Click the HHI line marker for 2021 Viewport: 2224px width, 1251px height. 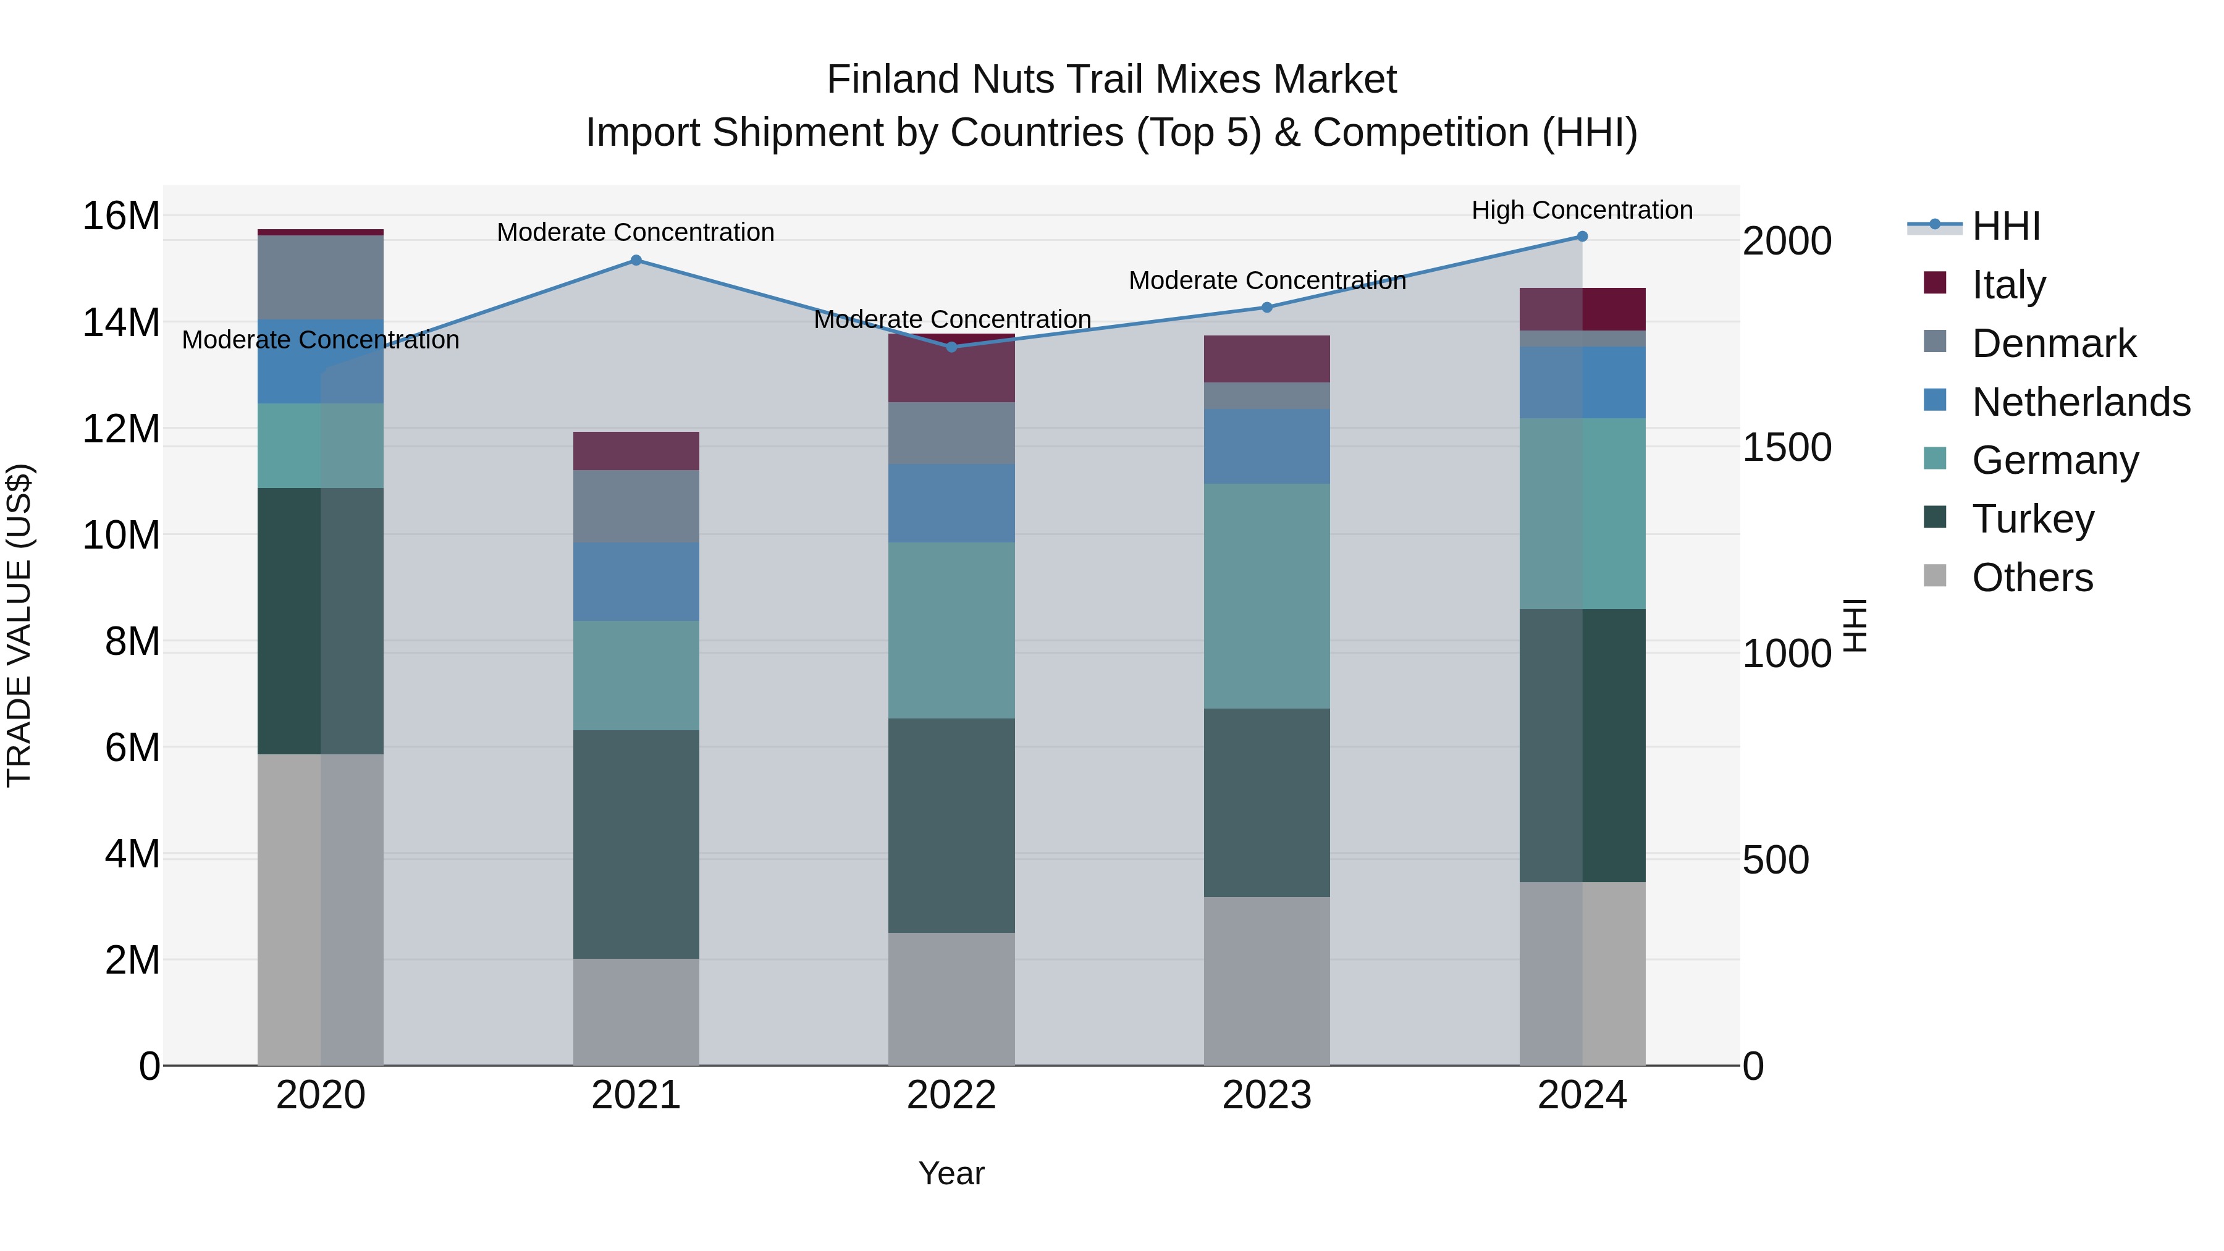coord(636,260)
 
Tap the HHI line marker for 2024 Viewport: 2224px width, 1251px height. coord(1582,237)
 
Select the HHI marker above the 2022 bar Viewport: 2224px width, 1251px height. coord(951,347)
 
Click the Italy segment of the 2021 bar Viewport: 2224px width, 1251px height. coord(636,451)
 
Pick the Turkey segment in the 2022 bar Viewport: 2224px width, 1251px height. coord(951,825)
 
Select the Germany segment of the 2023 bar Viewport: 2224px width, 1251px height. coord(1266,596)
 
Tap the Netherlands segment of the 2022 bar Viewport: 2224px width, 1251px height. coord(951,503)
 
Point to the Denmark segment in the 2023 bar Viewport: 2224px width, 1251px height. coord(1266,395)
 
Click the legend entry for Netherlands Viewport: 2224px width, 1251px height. coord(2081,402)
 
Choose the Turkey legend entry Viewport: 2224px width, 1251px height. coord(2032,519)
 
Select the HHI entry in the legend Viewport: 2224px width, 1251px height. coord(2005,226)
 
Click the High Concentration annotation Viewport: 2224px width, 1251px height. coord(1582,210)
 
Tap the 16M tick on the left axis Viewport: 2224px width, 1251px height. coord(121,216)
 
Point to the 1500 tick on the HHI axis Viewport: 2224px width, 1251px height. coord(1786,447)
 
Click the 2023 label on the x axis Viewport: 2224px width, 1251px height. coord(1266,1095)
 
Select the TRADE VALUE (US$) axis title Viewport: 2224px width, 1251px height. coord(20,625)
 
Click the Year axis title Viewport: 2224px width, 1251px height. coord(951,1173)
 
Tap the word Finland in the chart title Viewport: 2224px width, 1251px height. coord(893,80)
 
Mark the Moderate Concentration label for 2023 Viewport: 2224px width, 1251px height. coord(1266,280)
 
